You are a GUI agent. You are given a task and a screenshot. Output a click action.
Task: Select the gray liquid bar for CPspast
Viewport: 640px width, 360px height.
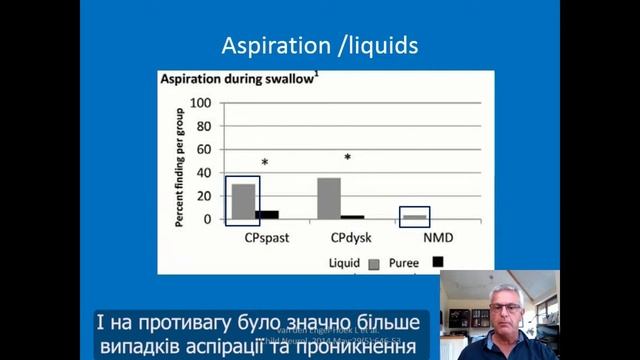[242, 201]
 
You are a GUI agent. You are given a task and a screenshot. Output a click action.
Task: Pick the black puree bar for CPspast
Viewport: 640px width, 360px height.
[267, 214]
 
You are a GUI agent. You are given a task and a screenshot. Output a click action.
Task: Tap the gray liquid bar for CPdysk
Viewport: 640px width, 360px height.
[328, 198]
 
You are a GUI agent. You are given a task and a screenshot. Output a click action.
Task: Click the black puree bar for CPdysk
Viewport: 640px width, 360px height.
[352, 216]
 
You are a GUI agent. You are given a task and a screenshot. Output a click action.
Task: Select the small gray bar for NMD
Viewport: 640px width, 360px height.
[413, 216]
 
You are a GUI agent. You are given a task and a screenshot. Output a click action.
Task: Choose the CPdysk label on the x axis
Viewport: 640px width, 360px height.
[344, 239]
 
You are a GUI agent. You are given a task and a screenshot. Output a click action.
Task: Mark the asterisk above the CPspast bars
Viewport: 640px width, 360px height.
[265, 163]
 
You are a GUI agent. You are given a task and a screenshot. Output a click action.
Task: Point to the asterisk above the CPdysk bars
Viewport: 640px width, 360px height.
[348, 158]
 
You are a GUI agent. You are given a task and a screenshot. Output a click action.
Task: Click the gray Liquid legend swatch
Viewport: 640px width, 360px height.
[375, 264]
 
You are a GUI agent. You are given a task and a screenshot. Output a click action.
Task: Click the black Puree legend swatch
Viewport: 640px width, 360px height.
[437, 262]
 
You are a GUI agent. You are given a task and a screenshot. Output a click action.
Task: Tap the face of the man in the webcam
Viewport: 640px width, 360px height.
[501, 301]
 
